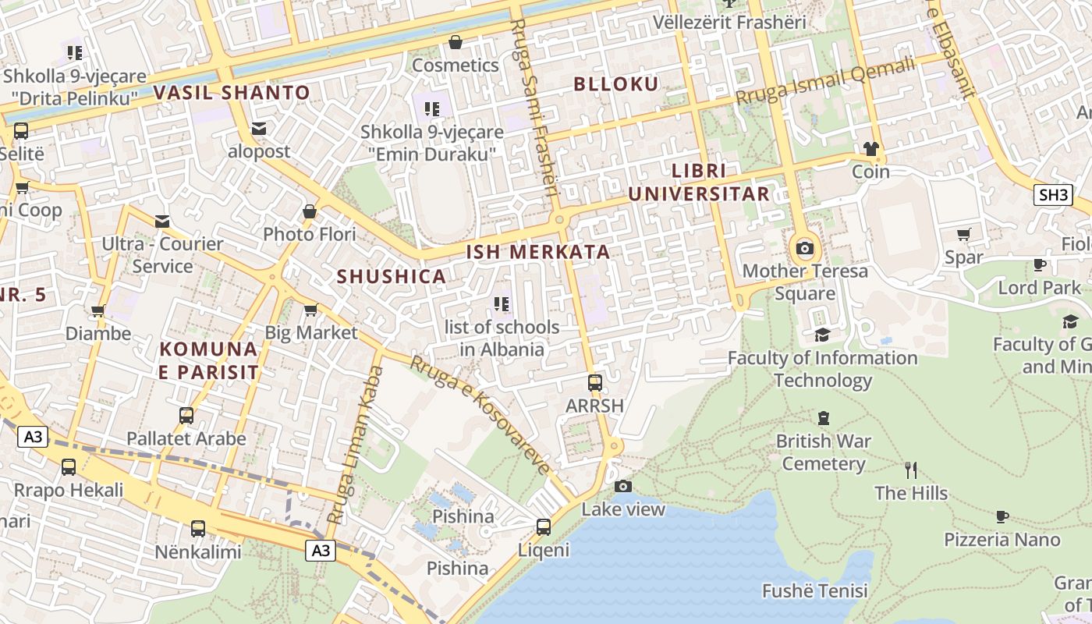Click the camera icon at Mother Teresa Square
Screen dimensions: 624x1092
click(x=804, y=249)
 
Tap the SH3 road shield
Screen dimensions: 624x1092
click(x=1053, y=195)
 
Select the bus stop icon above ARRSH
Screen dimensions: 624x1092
click(x=595, y=382)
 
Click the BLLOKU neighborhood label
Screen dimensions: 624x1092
click(x=616, y=84)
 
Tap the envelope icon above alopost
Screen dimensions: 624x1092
click(x=258, y=128)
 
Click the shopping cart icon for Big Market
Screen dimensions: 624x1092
click(x=310, y=310)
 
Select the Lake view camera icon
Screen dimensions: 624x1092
click(x=622, y=486)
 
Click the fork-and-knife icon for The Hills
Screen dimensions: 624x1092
click(x=910, y=470)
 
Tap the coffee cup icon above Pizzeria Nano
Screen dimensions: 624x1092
click(x=1002, y=516)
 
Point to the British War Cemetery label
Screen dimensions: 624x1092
click(x=823, y=452)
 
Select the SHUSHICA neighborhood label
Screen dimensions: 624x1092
click(x=391, y=276)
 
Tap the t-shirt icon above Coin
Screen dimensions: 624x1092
click(x=870, y=148)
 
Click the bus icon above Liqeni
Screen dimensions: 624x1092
click(x=544, y=526)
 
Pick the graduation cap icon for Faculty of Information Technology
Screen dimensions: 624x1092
click(x=822, y=335)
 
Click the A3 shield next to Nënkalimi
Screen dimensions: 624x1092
click(x=321, y=551)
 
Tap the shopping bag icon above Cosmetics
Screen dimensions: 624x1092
click(x=455, y=41)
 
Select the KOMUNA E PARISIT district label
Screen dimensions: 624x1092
click(x=208, y=360)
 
